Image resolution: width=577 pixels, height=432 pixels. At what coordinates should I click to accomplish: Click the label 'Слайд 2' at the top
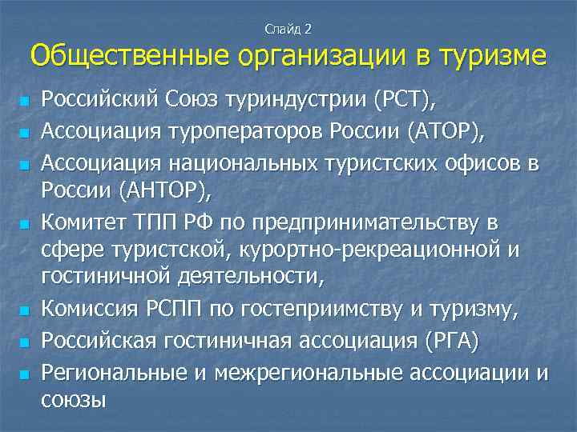[288, 29]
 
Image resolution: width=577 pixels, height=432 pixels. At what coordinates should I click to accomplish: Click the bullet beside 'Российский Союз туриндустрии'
[26, 102]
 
